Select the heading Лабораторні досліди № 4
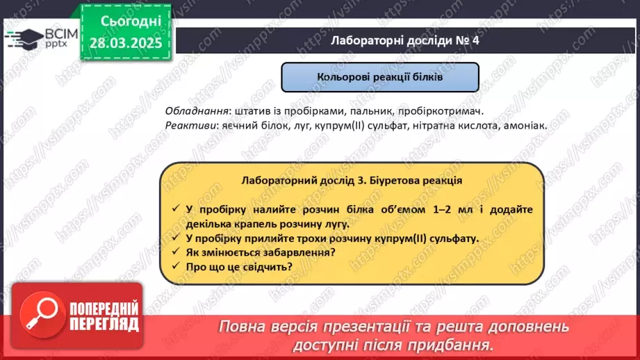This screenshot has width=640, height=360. pos(404,41)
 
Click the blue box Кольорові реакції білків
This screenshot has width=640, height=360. pos(379,78)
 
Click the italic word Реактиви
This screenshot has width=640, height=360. pos(190,126)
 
